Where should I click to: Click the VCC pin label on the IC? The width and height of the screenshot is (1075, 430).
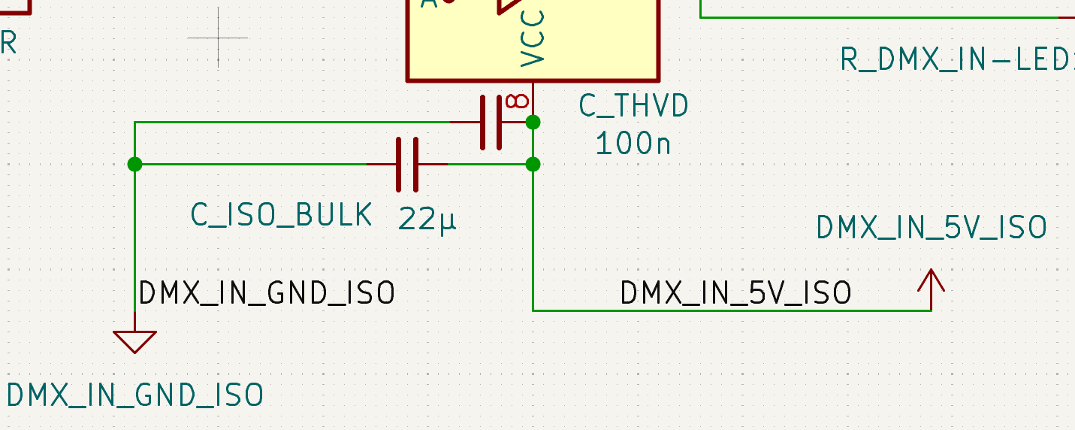point(532,38)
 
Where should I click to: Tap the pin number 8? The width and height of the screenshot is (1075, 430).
point(517,101)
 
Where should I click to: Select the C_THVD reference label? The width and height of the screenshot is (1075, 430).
point(633,107)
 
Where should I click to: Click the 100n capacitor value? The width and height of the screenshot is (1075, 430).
point(633,143)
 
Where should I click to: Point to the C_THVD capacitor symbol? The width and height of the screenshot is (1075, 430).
point(491,122)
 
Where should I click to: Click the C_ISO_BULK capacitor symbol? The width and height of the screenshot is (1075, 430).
point(407,164)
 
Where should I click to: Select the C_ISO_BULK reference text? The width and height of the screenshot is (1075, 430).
point(282,215)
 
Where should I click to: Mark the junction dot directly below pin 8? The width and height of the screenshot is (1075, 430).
point(533,122)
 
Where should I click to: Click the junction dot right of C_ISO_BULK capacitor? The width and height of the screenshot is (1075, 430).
point(533,164)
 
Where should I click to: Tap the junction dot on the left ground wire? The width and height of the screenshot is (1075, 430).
point(134,164)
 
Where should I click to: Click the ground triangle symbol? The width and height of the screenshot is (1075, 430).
point(135,341)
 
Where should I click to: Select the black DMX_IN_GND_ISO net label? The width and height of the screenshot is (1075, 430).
point(267,293)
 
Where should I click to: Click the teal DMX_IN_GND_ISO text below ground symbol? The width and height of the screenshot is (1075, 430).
point(135,395)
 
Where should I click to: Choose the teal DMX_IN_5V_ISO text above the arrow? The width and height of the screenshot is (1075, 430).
point(932,228)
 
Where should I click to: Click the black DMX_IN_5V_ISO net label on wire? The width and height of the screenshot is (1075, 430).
point(735,293)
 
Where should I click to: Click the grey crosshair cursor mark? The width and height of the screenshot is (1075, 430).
point(218,38)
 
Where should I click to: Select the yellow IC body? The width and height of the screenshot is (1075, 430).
point(601,38)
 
